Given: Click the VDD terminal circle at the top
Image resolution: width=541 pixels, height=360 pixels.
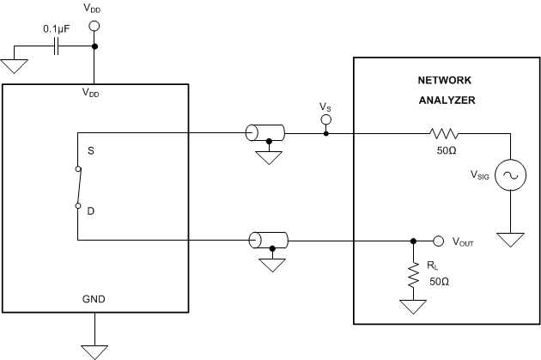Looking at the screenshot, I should pyautogui.click(x=94, y=27).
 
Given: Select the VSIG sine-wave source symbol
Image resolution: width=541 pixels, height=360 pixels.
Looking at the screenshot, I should pyautogui.click(x=510, y=176).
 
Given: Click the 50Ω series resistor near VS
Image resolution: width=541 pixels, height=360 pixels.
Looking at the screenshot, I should pyautogui.click(x=445, y=133).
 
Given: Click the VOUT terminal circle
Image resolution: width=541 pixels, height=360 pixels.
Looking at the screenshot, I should pyautogui.click(x=437, y=241).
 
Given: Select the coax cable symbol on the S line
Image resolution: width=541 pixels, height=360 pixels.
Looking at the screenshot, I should pyautogui.click(x=264, y=133).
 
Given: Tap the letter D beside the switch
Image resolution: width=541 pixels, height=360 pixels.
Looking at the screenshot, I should pyautogui.click(x=89, y=207).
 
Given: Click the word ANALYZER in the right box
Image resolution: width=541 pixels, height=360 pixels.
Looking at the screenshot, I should pyautogui.click(x=447, y=100).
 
